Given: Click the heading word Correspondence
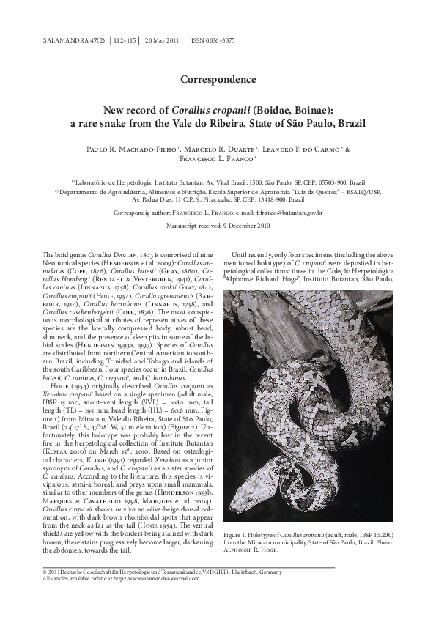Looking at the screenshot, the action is click(218, 79).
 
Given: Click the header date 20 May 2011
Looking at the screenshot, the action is click(163, 41).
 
